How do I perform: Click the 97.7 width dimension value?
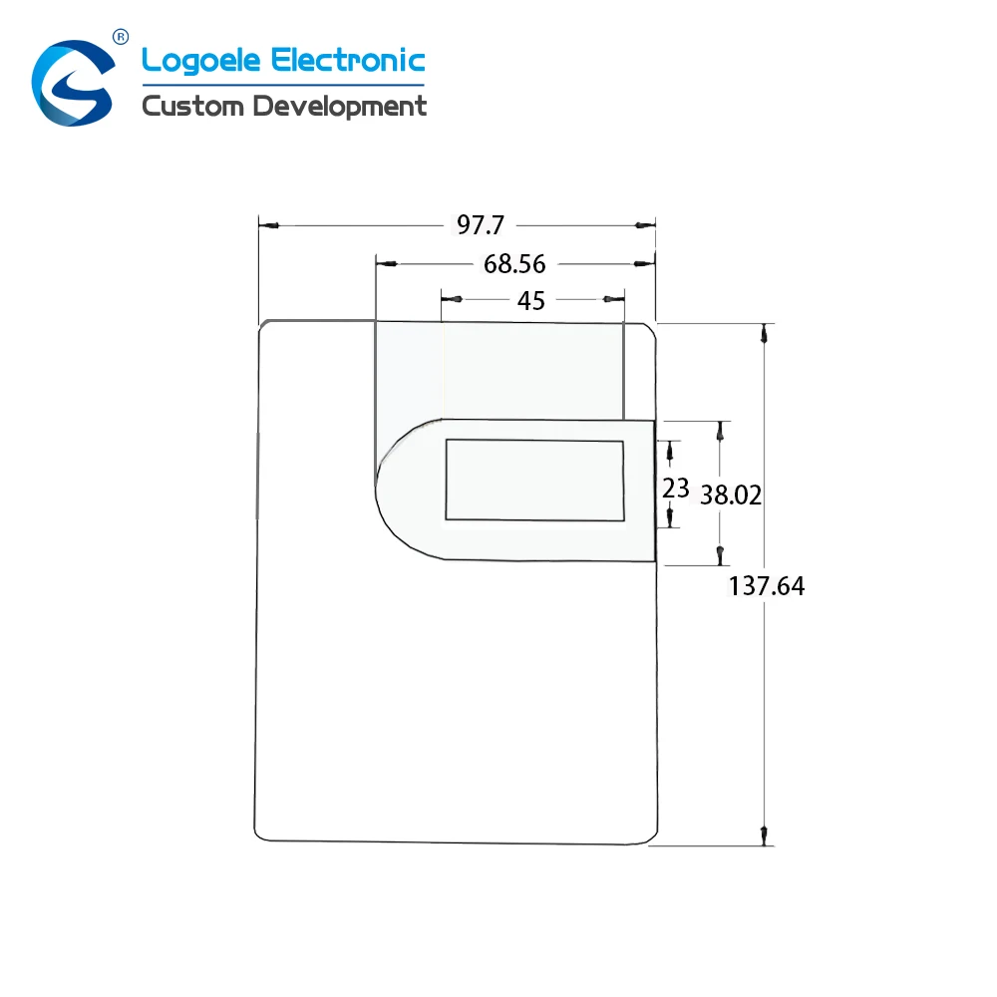coord(481,225)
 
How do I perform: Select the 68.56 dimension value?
coord(514,264)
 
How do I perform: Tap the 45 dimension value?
coord(530,300)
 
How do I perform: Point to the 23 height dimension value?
coord(676,488)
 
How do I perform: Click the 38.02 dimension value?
coord(731,495)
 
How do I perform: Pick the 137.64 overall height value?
coord(766,586)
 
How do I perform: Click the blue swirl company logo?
coord(72,84)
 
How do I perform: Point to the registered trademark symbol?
coord(121,37)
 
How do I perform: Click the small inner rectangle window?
coord(534,480)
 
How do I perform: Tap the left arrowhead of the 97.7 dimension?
coord(271,226)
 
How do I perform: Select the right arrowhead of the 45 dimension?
coord(610,299)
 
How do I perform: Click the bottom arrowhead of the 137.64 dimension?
coord(765,833)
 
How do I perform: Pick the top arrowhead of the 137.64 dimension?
coord(765,336)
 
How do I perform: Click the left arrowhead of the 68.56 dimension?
coord(388,264)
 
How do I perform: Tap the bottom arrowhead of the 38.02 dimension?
coord(720,553)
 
